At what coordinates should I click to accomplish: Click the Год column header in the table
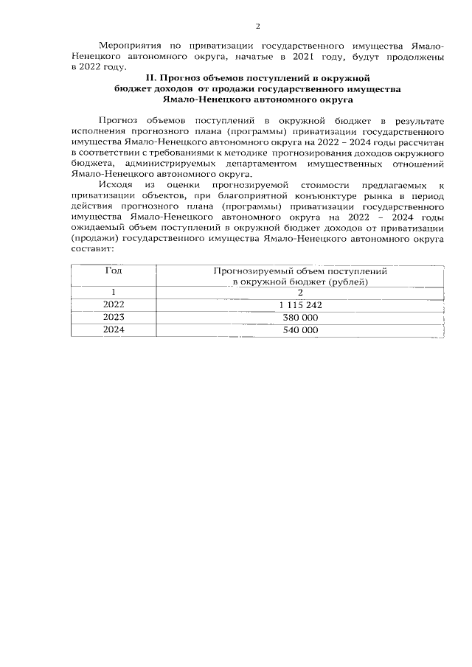[114, 270]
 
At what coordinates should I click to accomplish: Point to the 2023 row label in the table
[114, 318]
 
